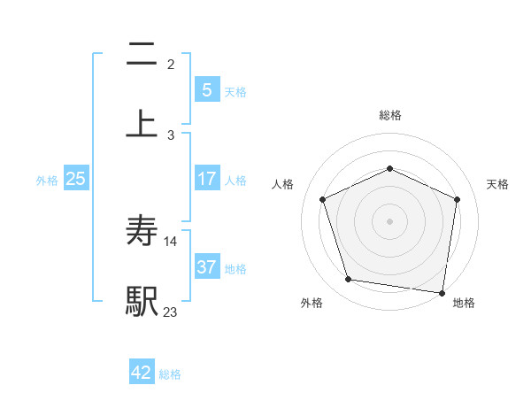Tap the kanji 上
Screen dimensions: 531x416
pyautogui.click(x=142, y=123)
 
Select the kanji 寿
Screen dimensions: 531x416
pyautogui.click(x=142, y=231)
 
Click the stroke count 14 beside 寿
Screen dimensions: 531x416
pyautogui.click(x=171, y=241)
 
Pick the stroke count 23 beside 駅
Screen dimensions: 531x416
pyautogui.click(x=171, y=311)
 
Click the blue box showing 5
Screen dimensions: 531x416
pyautogui.click(x=207, y=89)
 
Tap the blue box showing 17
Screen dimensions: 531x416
pyautogui.click(x=207, y=179)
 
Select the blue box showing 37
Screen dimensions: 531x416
pyautogui.click(x=207, y=267)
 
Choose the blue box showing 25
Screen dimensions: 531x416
pyautogui.click(x=76, y=179)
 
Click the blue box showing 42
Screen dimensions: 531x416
pyautogui.click(x=142, y=373)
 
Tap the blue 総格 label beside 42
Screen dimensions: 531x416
pyautogui.click(x=170, y=374)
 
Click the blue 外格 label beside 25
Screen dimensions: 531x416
pyautogui.click(x=47, y=181)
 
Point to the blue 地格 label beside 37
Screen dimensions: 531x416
pyautogui.click(x=235, y=269)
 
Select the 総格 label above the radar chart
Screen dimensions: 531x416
pyautogui.click(x=389, y=115)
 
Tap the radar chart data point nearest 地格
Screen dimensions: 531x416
pyautogui.click(x=442, y=292)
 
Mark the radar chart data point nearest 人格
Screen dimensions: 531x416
pyautogui.click(x=324, y=199)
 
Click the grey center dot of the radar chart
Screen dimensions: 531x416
pyautogui.click(x=389, y=220)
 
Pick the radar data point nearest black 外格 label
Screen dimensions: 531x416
pyautogui.click(x=349, y=280)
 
